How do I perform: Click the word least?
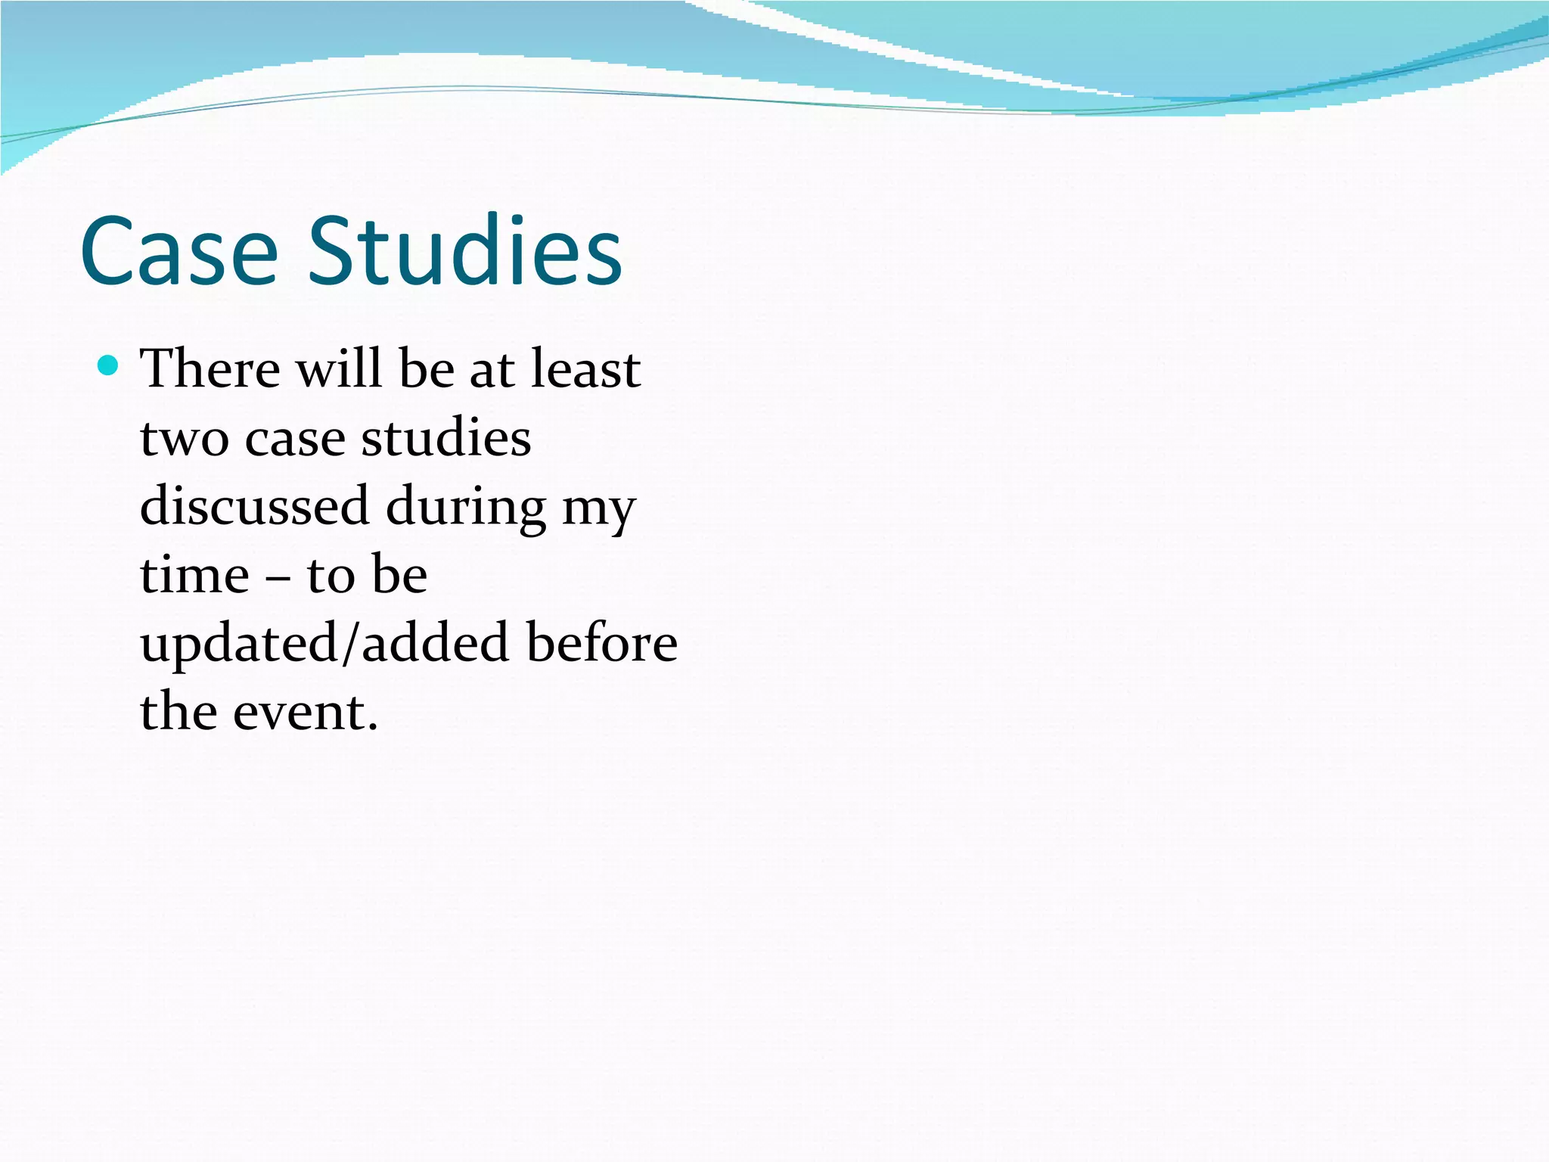pyautogui.click(x=585, y=369)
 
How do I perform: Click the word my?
pyautogui.click(x=598, y=511)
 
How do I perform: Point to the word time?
pyautogui.click(x=194, y=575)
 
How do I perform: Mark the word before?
pyautogui.click(x=602, y=643)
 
